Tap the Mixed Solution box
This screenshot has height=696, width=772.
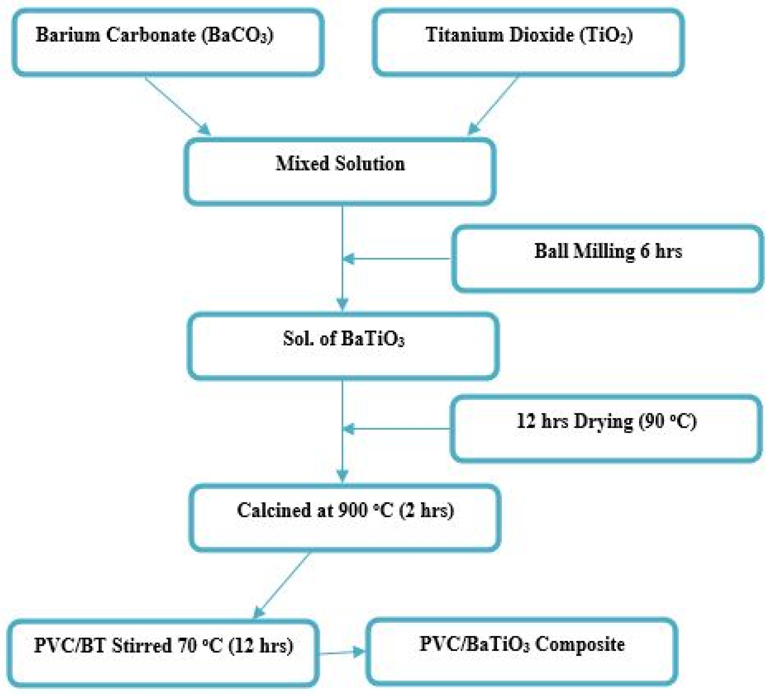pyautogui.click(x=340, y=171)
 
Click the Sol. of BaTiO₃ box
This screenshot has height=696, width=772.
pyautogui.click(x=343, y=346)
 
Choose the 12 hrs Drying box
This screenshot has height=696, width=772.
pyautogui.click(x=606, y=429)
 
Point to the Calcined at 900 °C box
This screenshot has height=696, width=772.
pyautogui.click(x=345, y=517)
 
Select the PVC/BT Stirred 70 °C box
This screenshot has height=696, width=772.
pyautogui.click(x=163, y=653)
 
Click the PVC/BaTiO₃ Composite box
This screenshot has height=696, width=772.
pyautogui.click(x=521, y=652)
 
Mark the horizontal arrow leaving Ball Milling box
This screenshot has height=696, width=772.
pyautogui.click(x=396, y=259)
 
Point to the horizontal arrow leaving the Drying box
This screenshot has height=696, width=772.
pyautogui.click(x=396, y=429)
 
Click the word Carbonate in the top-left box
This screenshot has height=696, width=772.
pyautogui.click(x=151, y=35)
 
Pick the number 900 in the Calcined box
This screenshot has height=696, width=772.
pyautogui.click(x=353, y=510)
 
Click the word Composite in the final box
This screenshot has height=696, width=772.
pyautogui.click(x=579, y=644)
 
